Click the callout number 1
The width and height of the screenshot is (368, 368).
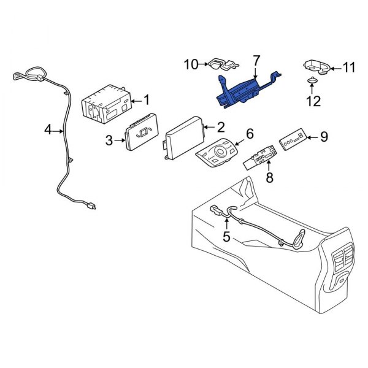146,99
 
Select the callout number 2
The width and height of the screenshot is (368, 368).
220,128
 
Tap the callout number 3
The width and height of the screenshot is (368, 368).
109,140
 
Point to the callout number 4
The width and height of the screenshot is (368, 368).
48,130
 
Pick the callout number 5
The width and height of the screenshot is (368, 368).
226,236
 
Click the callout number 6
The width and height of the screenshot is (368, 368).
250,134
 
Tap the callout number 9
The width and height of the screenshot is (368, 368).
324,137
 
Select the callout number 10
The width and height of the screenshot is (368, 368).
190,63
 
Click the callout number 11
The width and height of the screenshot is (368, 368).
348,68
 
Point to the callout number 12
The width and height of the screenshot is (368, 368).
314,101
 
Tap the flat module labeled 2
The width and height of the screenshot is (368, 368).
184,138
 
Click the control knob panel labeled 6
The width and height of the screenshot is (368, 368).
218,155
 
